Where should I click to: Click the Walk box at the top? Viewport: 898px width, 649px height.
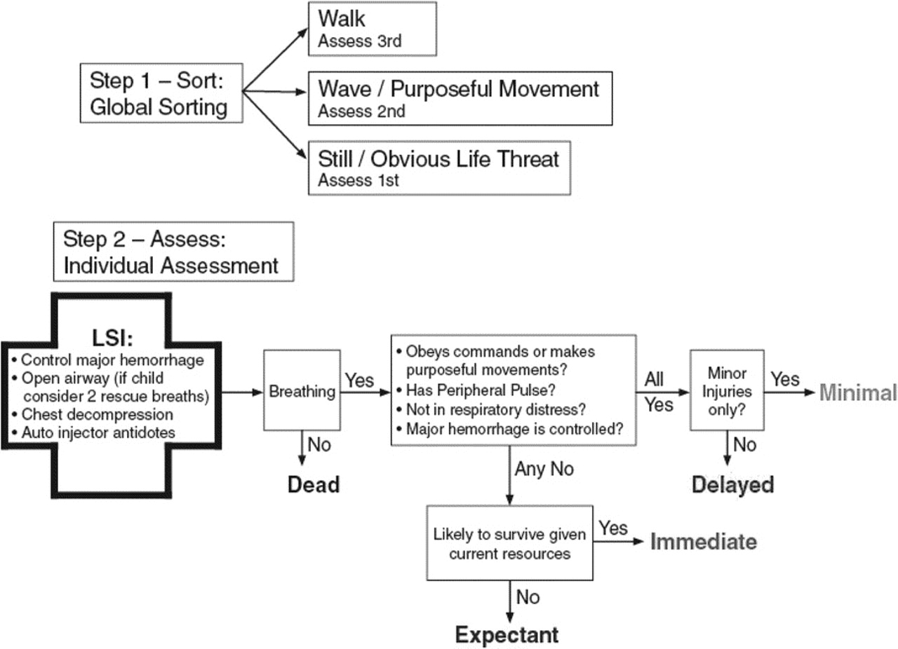[372, 28]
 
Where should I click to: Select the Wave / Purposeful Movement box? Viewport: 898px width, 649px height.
[460, 97]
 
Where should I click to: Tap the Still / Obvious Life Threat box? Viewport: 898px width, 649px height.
[438, 167]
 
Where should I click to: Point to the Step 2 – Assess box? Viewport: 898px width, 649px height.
[173, 252]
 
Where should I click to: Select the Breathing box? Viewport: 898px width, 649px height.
[302, 391]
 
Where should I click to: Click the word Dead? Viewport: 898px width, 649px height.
[314, 484]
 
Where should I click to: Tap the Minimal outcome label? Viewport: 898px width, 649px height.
[857, 393]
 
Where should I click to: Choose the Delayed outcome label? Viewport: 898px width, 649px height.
[732, 484]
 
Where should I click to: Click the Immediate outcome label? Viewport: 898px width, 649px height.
[704, 542]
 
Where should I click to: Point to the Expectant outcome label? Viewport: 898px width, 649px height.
[507, 635]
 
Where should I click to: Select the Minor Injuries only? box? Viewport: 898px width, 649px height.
[727, 390]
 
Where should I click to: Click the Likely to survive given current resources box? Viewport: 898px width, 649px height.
[509, 544]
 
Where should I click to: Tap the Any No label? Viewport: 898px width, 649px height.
[544, 468]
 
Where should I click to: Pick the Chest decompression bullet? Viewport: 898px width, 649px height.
[97, 415]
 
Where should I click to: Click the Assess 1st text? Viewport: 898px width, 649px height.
[358, 180]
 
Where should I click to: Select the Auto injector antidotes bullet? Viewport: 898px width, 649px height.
[98, 432]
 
